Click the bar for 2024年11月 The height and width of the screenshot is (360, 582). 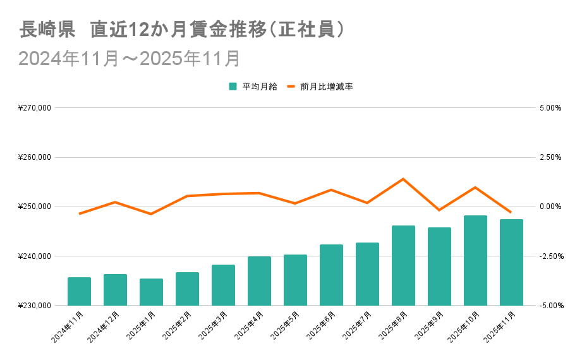[x=80, y=291]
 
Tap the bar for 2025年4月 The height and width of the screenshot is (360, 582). [x=259, y=281]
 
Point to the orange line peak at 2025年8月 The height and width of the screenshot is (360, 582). [x=403, y=179]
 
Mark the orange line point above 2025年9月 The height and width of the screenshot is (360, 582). [x=439, y=210]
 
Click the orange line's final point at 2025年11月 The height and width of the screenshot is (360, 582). [x=511, y=212]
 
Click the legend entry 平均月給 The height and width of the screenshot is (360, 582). [x=253, y=87]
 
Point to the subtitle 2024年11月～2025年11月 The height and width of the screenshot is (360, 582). [x=130, y=58]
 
